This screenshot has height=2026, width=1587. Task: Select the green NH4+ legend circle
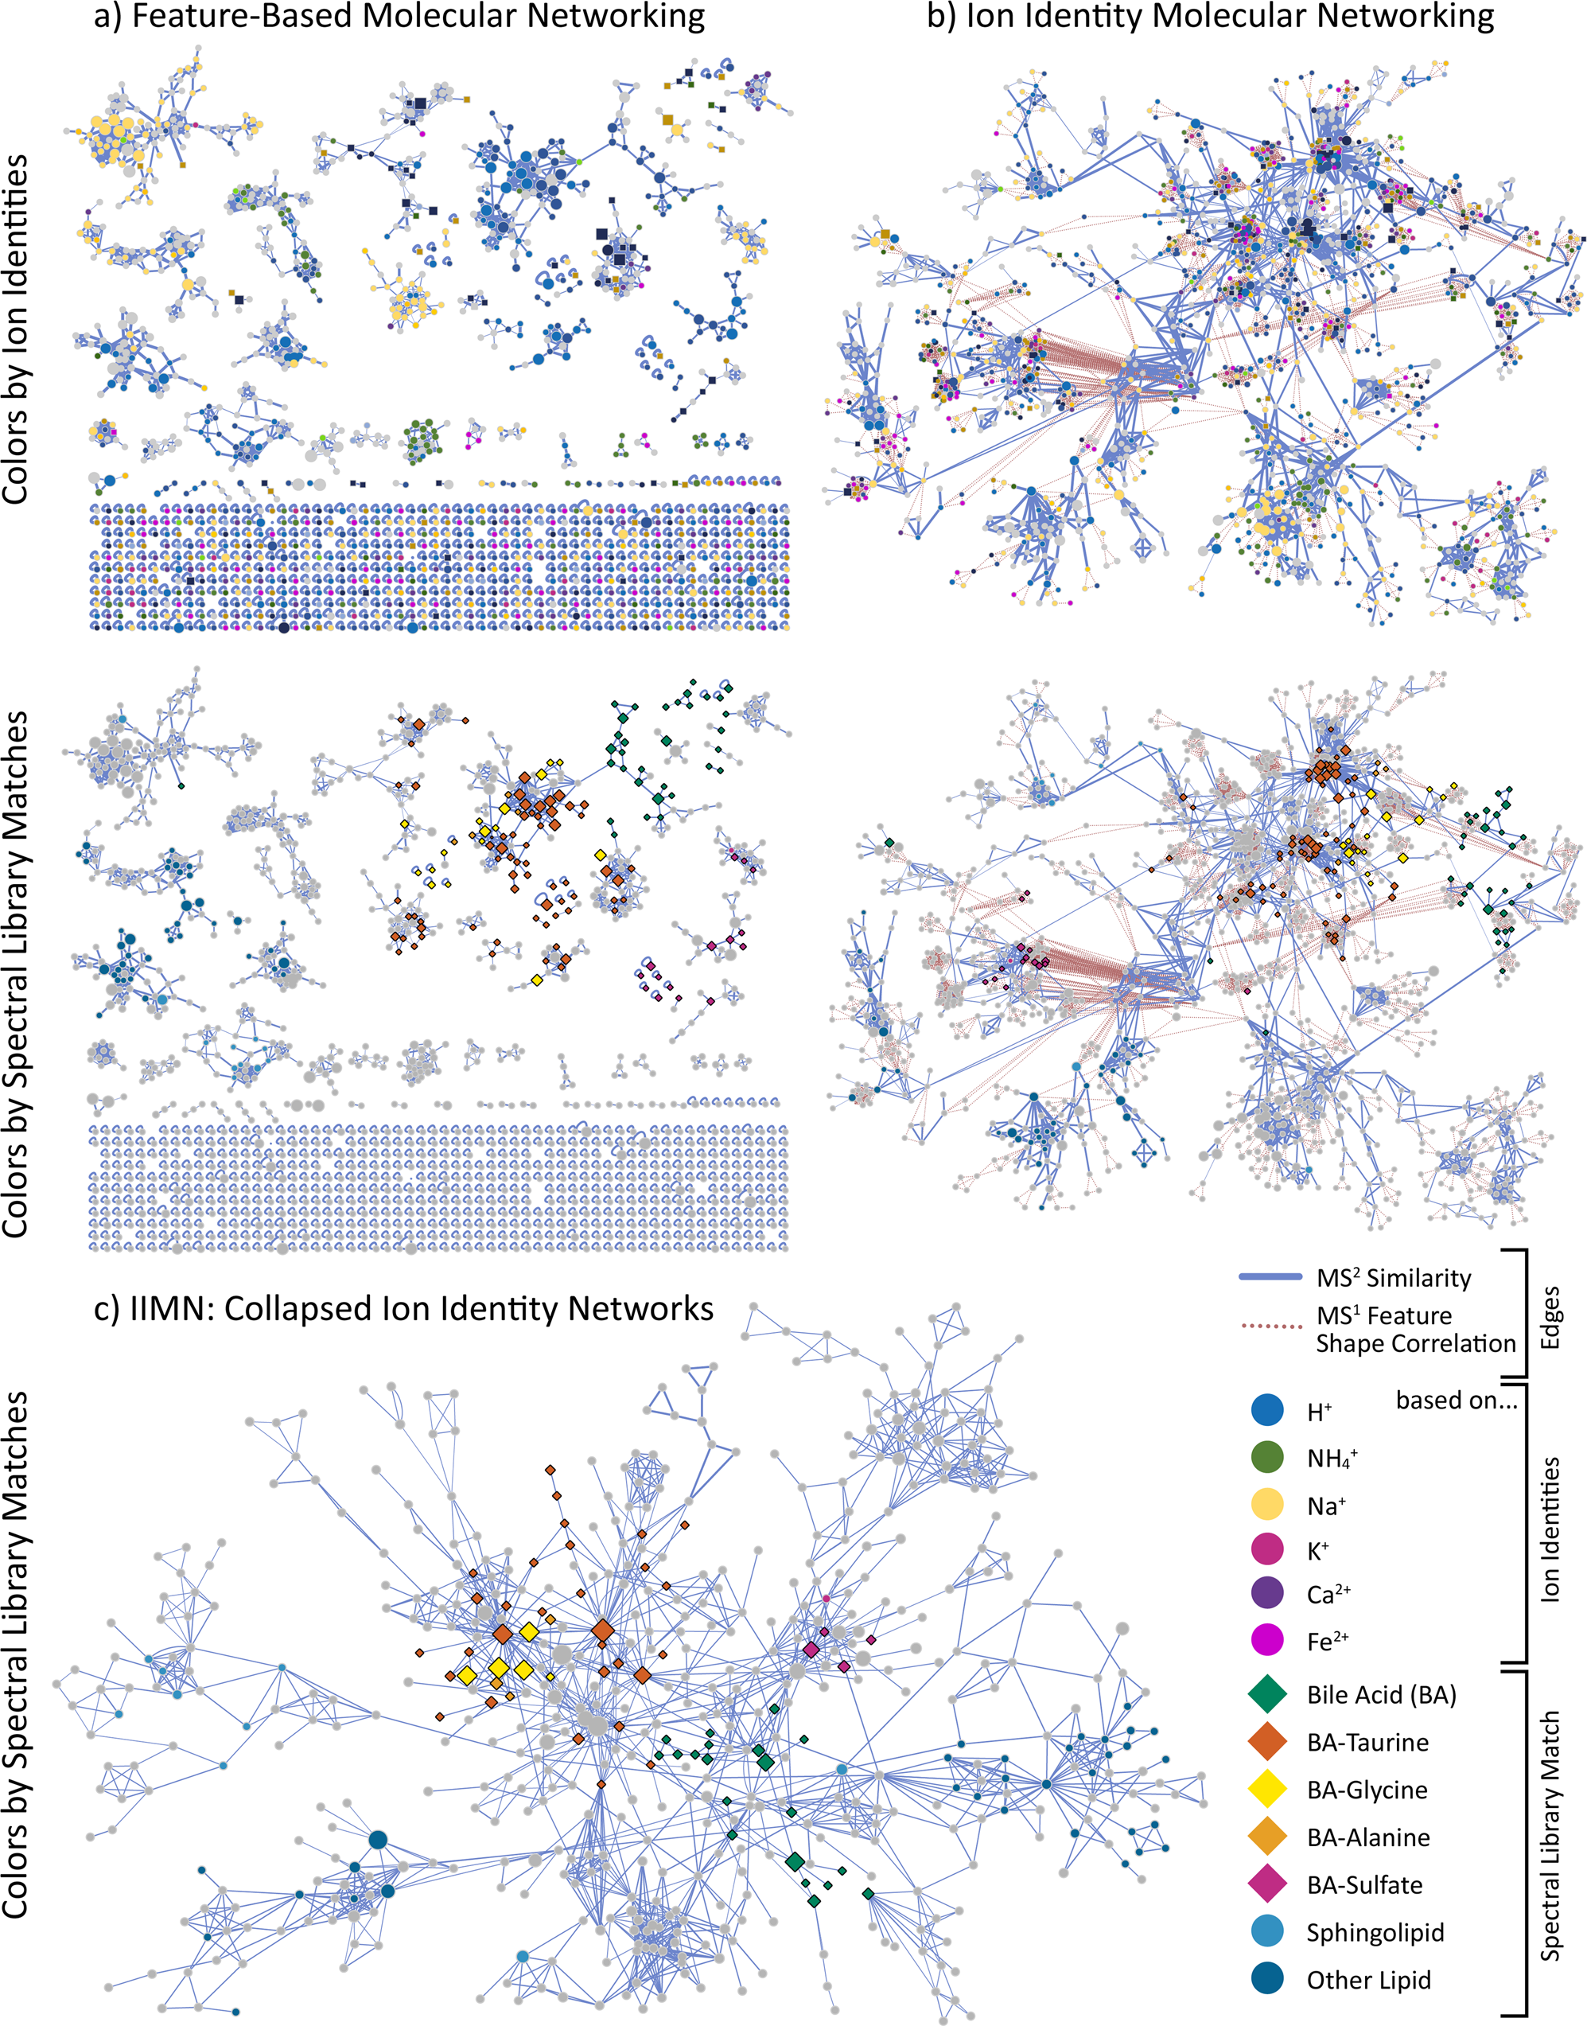tap(1267, 1457)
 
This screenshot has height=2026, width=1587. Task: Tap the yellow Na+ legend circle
tap(1267, 1504)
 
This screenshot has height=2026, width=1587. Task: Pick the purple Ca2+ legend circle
tap(1267, 1594)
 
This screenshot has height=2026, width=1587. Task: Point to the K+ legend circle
tap(1267, 1549)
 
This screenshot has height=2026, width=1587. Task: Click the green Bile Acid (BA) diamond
tap(1267, 1694)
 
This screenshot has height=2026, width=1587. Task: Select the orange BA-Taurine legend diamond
tap(1267, 1742)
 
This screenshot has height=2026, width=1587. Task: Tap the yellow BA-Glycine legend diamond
tap(1267, 1789)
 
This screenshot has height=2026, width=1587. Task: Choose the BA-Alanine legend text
tap(1367, 1837)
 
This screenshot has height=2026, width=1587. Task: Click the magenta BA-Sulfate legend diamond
tap(1267, 1884)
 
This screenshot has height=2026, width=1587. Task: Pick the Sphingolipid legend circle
tap(1267, 1931)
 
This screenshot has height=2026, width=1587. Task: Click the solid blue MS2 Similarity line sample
tap(1270, 1278)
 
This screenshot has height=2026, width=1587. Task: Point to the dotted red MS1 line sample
tap(1270, 1327)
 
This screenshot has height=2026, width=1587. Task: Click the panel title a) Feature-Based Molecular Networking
tap(399, 16)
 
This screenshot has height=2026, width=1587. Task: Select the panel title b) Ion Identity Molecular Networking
tap(1211, 16)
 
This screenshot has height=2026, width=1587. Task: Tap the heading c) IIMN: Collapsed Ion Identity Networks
tap(403, 1308)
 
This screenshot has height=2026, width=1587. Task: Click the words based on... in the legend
tap(1455, 1401)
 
